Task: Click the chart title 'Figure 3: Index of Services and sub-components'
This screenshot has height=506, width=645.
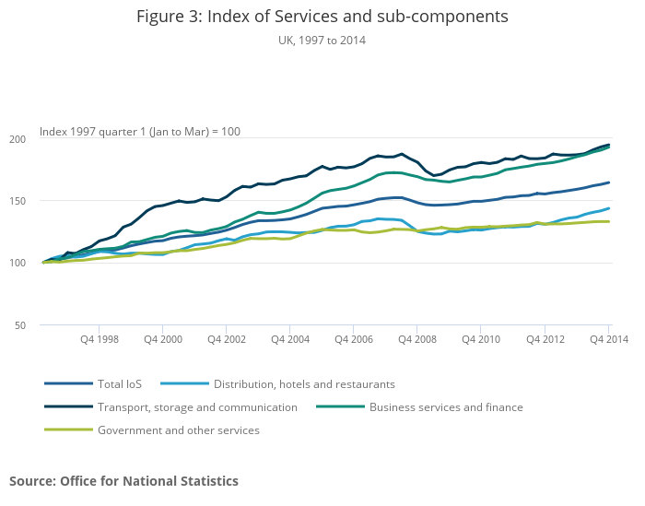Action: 322,17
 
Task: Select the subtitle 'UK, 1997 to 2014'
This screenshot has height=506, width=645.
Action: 322,41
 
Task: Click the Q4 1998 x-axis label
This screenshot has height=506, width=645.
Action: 100,339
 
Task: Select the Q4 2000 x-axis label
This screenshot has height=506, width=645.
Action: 163,339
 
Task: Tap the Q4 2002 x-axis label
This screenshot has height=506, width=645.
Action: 227,339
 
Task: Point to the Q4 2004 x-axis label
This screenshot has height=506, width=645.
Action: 290,339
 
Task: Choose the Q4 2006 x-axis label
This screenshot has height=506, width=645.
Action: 354,339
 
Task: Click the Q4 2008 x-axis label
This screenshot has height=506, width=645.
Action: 417,339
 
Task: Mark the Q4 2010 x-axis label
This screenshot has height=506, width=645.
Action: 481,339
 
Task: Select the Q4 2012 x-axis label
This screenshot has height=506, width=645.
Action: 545,339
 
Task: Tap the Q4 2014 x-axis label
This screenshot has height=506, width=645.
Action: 608,339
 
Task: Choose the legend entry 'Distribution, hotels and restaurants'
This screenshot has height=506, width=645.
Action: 303,384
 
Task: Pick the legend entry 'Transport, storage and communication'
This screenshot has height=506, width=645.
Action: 197,407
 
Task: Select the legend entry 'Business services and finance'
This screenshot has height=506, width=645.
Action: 446,407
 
